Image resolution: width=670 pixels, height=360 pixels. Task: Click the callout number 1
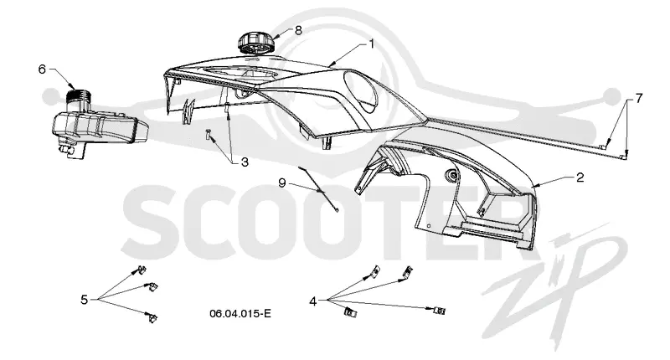371,44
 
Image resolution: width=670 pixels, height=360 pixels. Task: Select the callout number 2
580,177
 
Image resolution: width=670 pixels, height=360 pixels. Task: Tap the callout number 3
245,162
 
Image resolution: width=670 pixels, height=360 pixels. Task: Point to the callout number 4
313,301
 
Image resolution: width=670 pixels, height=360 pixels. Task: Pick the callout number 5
85,300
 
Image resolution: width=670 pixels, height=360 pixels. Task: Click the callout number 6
42,69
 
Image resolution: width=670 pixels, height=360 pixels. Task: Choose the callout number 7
639,99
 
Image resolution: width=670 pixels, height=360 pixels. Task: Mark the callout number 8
298,30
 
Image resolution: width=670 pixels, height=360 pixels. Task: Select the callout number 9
281,183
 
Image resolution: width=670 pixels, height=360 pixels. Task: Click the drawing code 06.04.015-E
240,314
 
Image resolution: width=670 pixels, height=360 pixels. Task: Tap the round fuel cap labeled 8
255,43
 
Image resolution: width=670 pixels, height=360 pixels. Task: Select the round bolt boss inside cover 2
451,174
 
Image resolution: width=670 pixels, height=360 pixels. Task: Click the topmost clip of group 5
140,270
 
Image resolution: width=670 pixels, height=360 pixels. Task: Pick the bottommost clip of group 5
152,317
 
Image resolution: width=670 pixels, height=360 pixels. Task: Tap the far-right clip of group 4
439,310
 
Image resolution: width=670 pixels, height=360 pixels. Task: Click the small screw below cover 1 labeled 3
208,134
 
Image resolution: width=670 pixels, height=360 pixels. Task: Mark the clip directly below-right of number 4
350,312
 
